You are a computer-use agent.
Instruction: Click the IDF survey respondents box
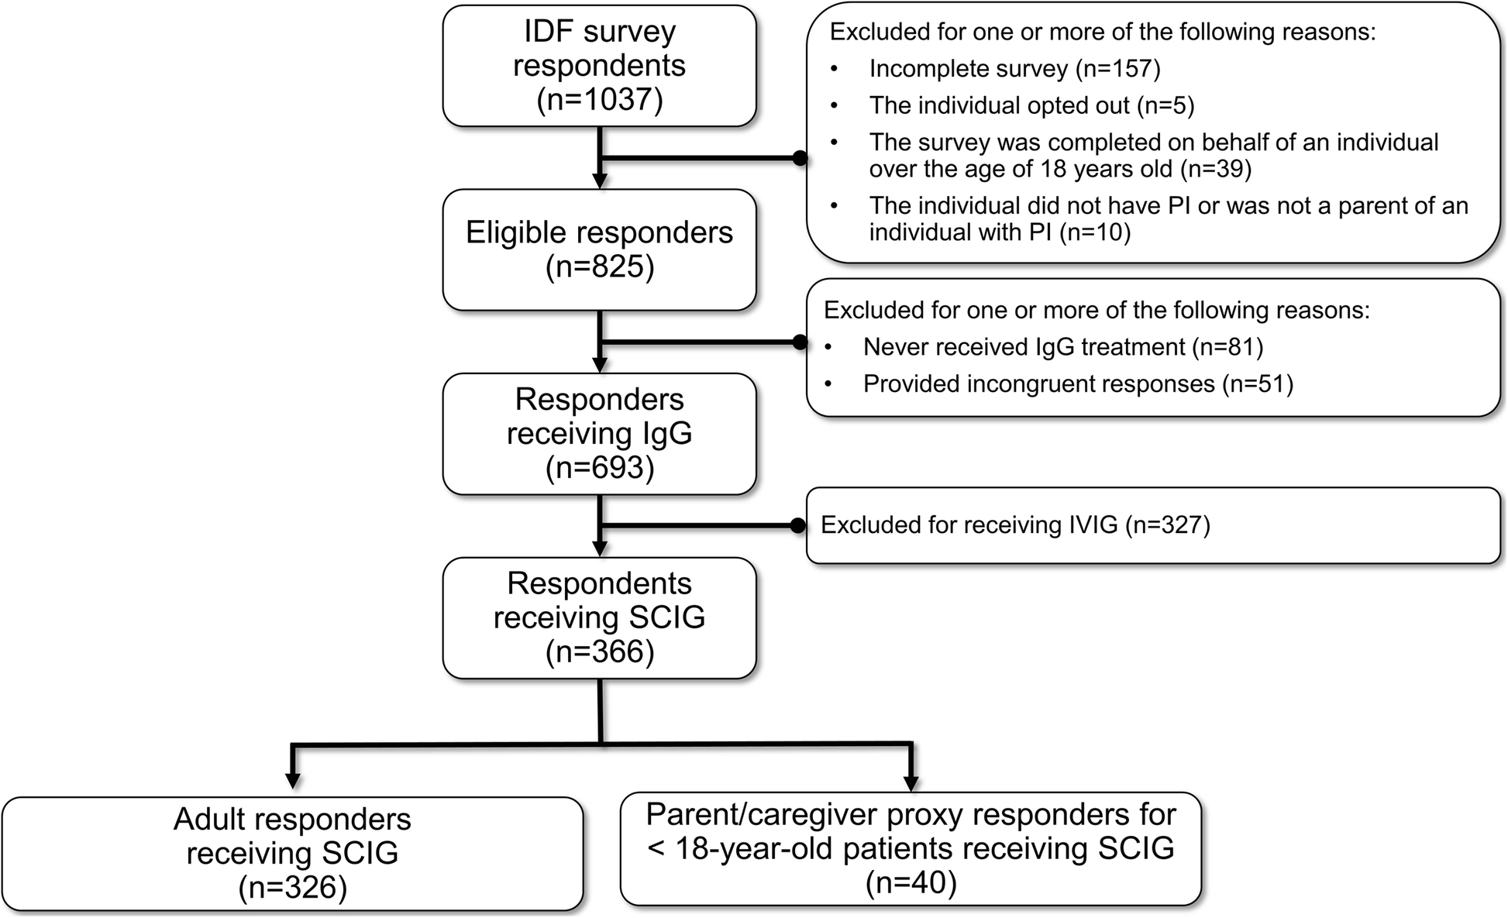coord(599,65)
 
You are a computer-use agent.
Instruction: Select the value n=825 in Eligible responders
coord(600,266)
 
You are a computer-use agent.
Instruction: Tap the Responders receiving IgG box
coord(599,434)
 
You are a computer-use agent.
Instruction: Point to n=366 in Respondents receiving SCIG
coord(600,652)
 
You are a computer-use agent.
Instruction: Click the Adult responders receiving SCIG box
coord(292,853)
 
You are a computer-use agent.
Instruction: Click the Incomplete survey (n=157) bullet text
coord(1014,69)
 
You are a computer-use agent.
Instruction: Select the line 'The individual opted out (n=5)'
coord(1031,105)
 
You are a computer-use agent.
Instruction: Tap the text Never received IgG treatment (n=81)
coord(1062,347)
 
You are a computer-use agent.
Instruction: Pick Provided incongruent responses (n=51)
coord(1077,384)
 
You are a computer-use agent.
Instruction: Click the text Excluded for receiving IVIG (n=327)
coord(1014,525)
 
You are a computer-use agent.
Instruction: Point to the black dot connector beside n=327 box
coord(798,526)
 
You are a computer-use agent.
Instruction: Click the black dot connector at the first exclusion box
coord(800,159)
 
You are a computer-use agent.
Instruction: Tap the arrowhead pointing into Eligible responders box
coord(600,181)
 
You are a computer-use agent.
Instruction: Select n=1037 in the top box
coord(600,101)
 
